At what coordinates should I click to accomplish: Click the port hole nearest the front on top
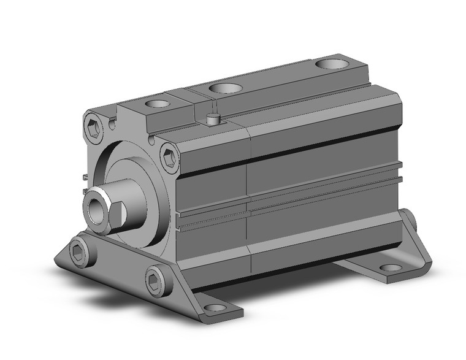click(159, 105)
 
